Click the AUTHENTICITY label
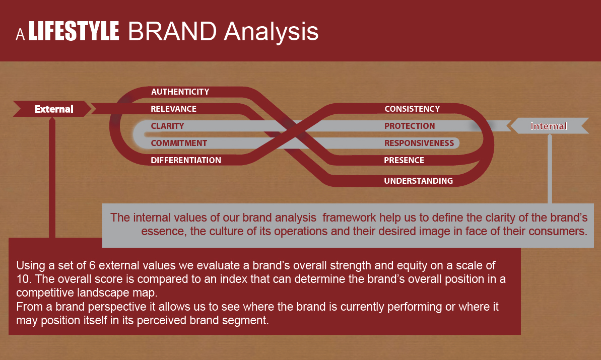pos(180,92)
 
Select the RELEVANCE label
pos(173,109)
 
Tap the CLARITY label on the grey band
pos(167,126)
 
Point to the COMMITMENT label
pos(179,143)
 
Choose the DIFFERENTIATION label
pos(186,160)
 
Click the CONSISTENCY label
pos(412,109)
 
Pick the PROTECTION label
pos(410,126)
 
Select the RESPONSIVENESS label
pos(419,143)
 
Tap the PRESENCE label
pos(404,160)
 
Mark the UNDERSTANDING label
pos(418,181)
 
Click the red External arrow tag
pos(52,109)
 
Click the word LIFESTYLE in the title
pos(74,31)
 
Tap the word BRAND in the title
pos(172,31)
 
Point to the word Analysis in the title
pos(271,32)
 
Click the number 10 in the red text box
pos(23,279)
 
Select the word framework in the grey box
pos(349,218)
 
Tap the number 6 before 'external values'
pos(92,265)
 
